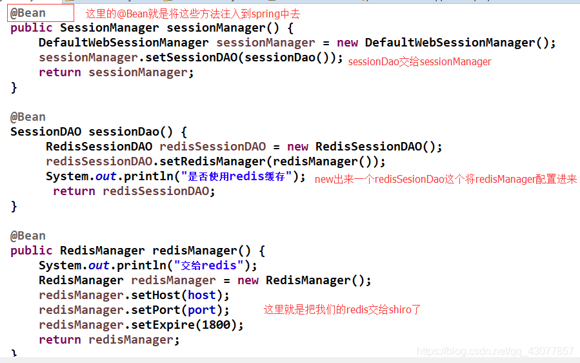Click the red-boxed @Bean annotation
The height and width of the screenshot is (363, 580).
point(28,13)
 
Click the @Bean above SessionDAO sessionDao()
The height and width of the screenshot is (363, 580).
point(28,117)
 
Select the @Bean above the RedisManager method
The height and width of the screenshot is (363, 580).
point(28,236)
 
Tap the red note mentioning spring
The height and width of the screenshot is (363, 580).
point(193,14)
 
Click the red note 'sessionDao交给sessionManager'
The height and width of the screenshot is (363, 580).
point(419,62)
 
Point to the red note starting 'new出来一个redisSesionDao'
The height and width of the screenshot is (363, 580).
point(445,180)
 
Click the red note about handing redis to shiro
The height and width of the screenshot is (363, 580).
point(342,310)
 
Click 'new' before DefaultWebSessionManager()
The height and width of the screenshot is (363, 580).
point(347,43)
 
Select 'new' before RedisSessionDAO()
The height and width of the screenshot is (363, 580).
point(297,147)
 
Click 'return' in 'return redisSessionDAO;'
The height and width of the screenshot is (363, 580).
point(74,191)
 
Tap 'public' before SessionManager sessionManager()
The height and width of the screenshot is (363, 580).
point(32,28)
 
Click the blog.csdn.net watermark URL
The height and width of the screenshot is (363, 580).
point(495,352)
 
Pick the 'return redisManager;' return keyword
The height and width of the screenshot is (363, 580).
point(60,340)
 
